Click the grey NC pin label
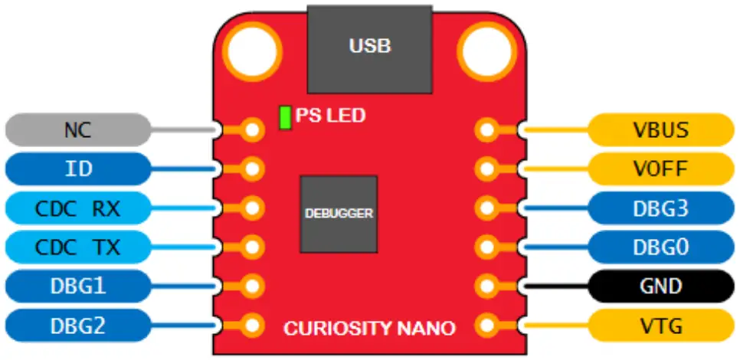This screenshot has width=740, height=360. click(77, 129)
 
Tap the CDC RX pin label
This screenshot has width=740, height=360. click(77, 208)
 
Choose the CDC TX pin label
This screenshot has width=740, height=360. click(77, 247)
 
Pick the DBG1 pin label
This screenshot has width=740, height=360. click(77, 286)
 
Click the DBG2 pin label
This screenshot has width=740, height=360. click(77, 325)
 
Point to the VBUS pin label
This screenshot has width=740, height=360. click(660, 129)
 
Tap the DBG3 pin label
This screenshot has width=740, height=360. click(660, 208)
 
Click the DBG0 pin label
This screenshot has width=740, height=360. click(660, 247)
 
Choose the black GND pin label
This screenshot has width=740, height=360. click(660, 286)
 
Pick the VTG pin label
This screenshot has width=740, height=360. click(660, 325)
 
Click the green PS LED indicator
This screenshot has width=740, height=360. click(285, 117)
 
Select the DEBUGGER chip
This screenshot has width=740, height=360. click(338, 214)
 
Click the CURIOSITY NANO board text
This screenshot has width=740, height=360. click(370, 329)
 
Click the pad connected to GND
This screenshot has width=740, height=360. click(486, 286)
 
